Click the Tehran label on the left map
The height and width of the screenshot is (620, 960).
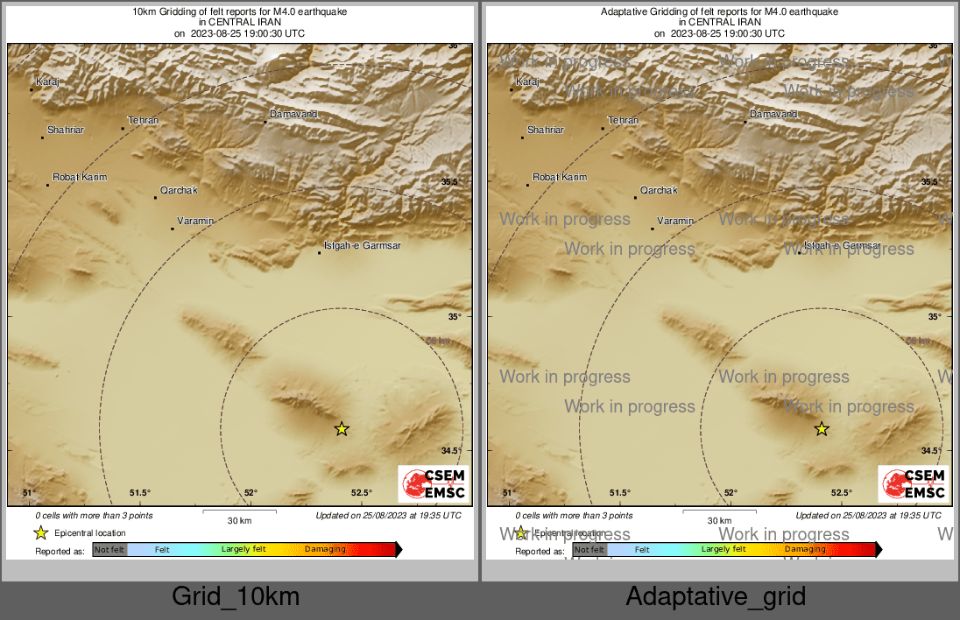coord(143,120)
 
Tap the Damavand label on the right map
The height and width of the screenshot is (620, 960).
coord(773,115)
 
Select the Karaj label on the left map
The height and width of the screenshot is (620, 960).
coord(47,81)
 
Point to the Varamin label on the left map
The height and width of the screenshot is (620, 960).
coord(195,221)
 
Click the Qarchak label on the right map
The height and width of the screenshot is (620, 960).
coord(659,190)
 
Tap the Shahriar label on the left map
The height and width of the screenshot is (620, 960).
coord(66,130)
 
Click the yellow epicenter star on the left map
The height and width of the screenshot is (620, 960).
coord(342,428)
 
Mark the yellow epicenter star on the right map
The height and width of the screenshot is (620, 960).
coord(822,428)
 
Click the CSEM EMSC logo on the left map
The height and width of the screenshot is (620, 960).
coord(434,484)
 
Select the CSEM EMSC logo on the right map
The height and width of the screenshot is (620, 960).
coord(914,484)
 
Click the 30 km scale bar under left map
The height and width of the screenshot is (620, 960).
coord(239,511)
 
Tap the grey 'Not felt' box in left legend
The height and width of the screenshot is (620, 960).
coord(109,550)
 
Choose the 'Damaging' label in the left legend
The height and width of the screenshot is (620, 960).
coord(325,550)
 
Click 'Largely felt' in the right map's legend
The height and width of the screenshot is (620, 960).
coord(724,550)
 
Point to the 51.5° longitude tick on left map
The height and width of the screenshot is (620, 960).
coord(140,493)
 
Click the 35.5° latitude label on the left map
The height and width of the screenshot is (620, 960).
coord(450,182)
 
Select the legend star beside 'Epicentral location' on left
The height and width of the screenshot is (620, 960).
coord(41,532)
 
